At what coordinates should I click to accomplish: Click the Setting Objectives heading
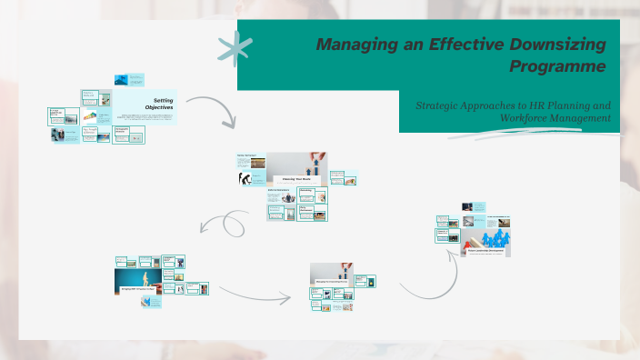tap(163, 105)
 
